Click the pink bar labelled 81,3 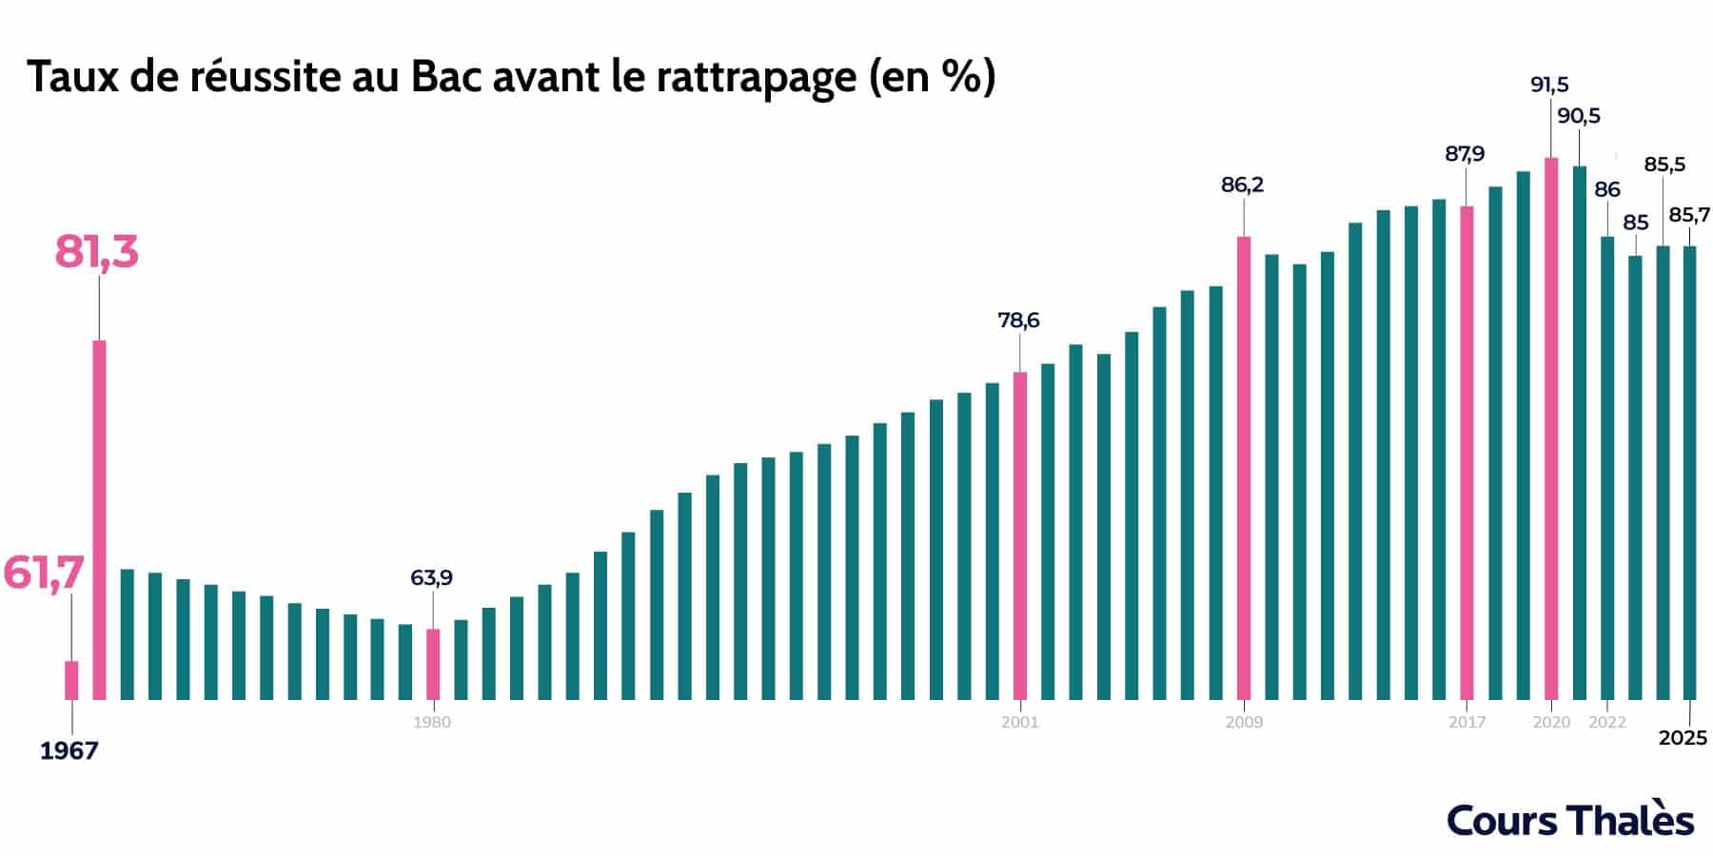point(98,519)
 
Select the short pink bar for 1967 point(71,680)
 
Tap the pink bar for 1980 point(433,664)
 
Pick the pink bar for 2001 point(1020,535)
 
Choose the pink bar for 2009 point(1244,468)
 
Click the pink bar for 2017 point(1467,453)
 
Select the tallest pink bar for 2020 point(1551,428)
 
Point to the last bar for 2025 point(1690,473)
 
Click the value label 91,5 point(1549,85)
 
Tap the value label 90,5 point(1579,116)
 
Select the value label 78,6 point(1018,321)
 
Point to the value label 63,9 point(431,577)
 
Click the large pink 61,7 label point(44,574)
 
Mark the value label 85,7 point(1689,215)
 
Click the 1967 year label point(69,751)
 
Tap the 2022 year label point(1607,723)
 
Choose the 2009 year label point(1244,723)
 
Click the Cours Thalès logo point(1570,820)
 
